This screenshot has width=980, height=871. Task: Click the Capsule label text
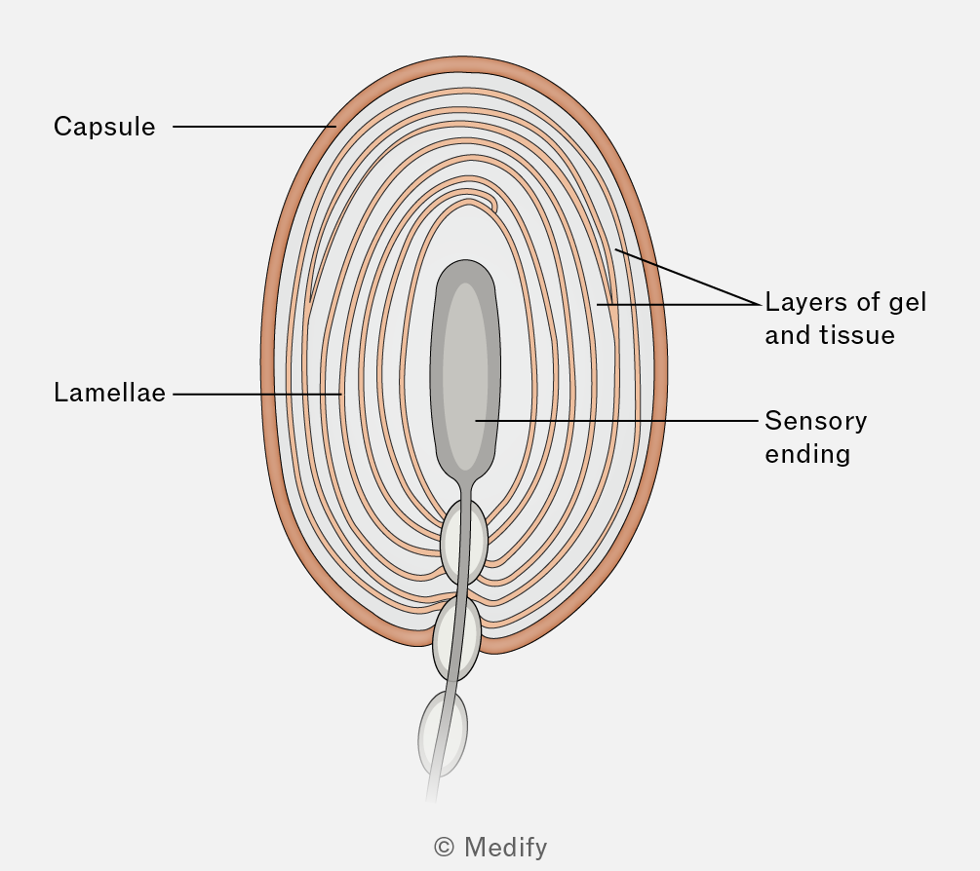[x=104, y=127]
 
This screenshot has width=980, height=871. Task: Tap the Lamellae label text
[x=109, y=393]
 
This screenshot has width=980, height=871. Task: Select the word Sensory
[x=815, y=422]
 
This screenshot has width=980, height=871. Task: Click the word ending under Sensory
[x=807, y=455]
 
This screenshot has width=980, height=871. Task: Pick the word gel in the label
[x=907, y=303]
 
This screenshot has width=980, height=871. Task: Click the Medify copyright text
[x=490, y=848]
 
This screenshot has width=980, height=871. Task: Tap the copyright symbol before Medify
[x=444, y=848]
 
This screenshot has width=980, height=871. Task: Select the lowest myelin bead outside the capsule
[x=443, y=734]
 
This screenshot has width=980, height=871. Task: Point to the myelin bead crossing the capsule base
[x=457, y=638]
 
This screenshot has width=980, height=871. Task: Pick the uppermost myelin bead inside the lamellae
[x=464, y=542]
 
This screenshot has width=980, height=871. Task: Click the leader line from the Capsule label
[x=255, y=127]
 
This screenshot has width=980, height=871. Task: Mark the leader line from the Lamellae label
[x=257, y=394]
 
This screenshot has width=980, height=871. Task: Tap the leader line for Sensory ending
[x=616, y=421]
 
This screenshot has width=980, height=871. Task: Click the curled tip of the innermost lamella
[x=493, y=205]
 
